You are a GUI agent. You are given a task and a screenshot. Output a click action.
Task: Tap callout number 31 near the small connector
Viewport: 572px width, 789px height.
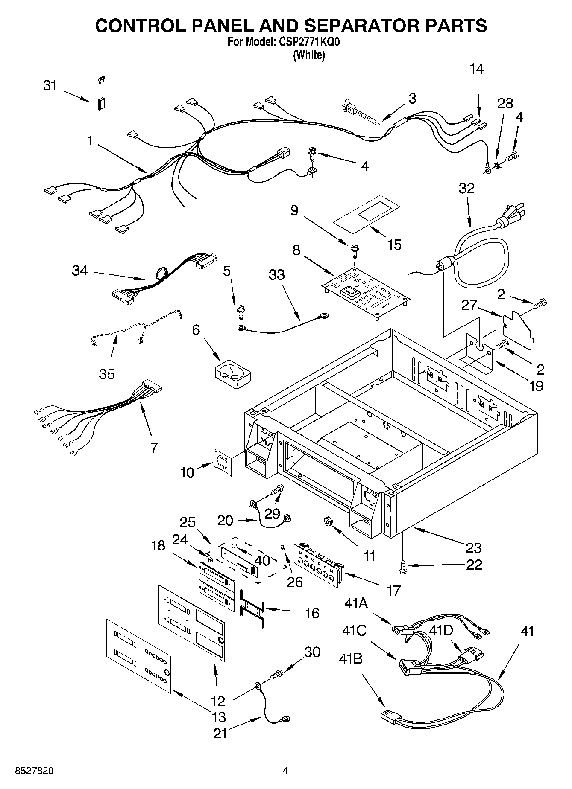50,86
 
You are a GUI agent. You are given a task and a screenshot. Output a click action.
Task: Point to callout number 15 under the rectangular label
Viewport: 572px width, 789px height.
394,245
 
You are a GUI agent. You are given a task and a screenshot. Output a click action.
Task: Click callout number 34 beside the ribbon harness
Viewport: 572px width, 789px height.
80,271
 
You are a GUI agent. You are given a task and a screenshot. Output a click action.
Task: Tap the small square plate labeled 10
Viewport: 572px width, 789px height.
223,461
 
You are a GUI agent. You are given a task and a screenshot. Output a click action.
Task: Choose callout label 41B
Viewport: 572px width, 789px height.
351,659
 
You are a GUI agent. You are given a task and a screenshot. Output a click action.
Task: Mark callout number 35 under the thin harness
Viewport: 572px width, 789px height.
107,374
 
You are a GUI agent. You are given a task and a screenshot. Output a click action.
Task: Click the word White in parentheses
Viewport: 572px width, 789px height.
309,55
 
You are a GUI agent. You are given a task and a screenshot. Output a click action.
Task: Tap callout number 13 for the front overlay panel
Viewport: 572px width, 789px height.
219,716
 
